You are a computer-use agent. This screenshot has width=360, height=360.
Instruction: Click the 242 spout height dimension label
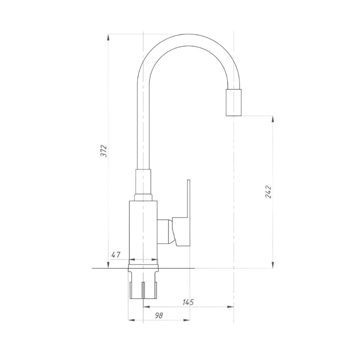(268, 192)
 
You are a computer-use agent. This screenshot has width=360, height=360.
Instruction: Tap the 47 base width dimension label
(116, 255)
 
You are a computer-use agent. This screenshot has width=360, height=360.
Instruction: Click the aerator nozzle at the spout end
(233, 103)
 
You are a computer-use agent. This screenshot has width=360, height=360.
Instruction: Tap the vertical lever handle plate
(188, 213)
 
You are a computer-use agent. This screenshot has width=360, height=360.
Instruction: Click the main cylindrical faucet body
(143, 233)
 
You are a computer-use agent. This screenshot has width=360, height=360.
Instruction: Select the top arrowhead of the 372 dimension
(108, 37)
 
